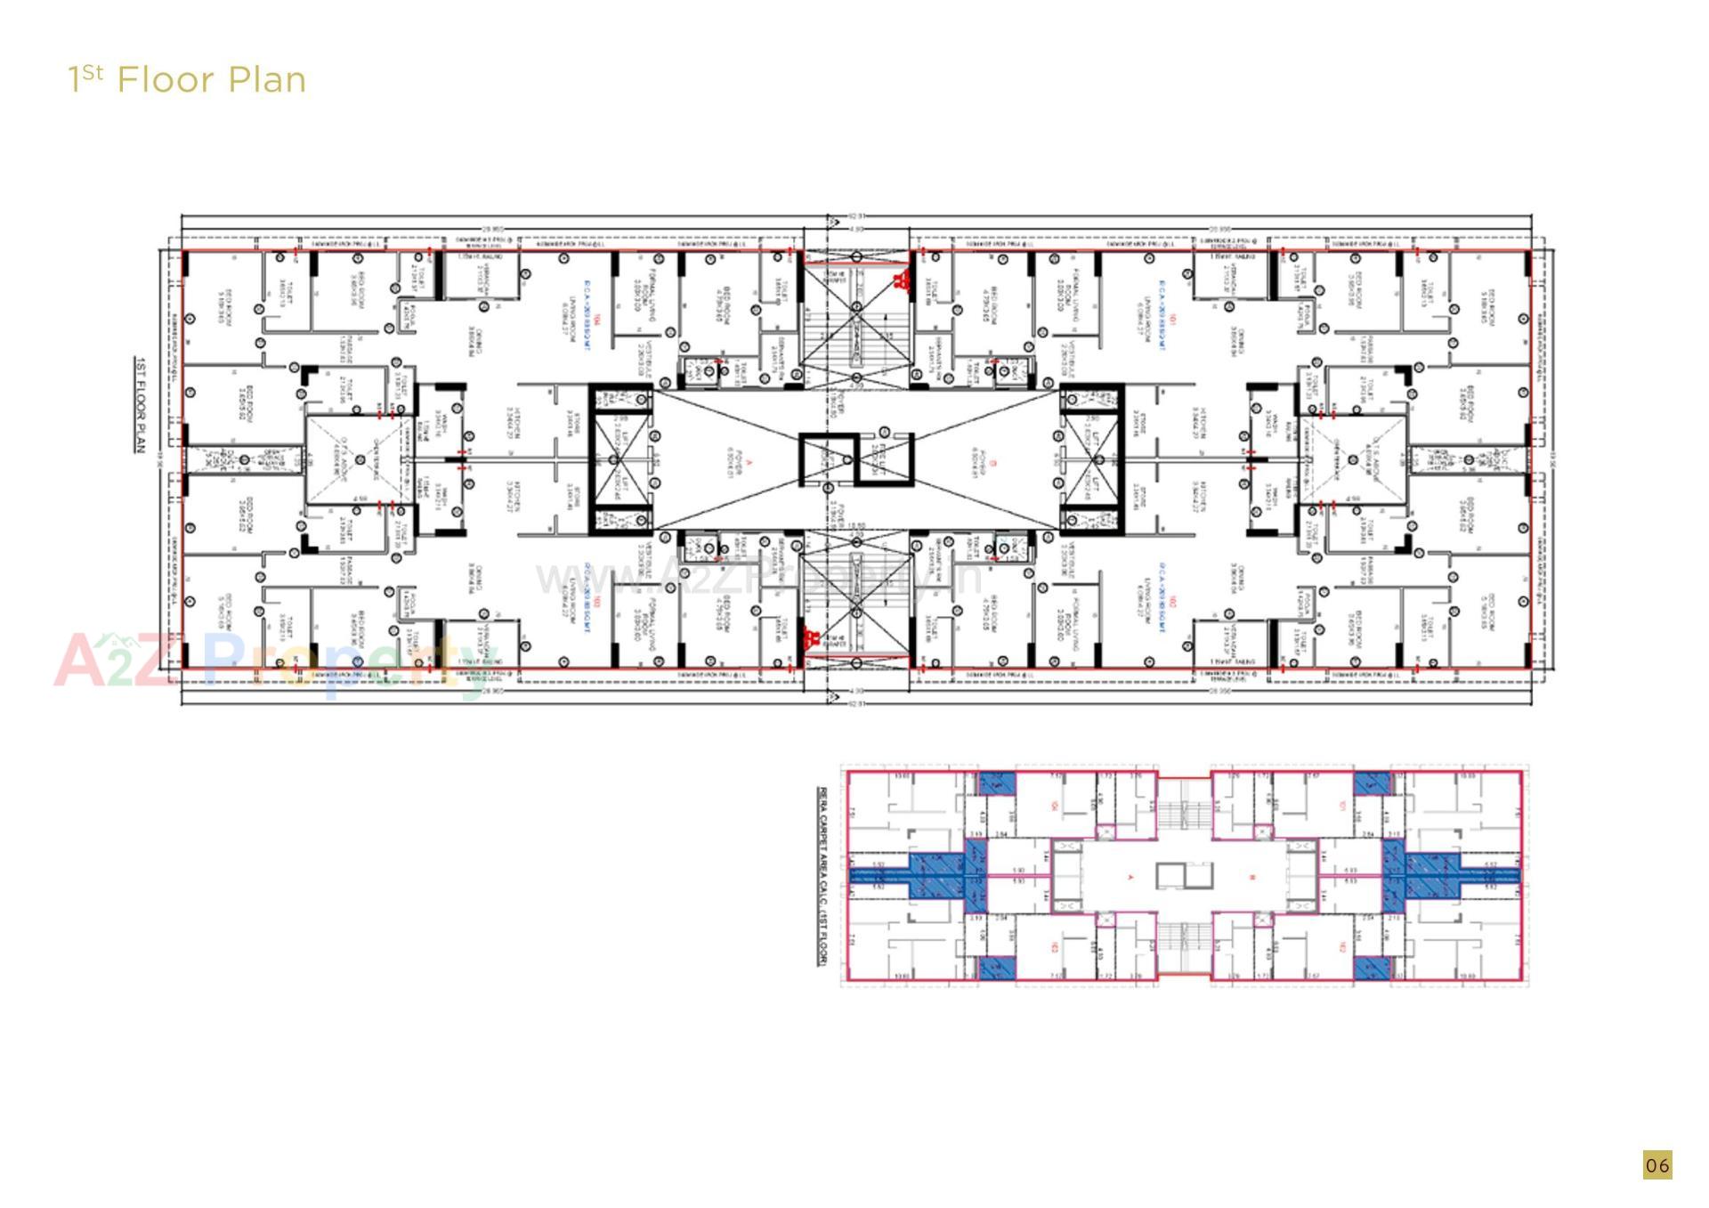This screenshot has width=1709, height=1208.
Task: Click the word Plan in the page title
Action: [x=267, y=80]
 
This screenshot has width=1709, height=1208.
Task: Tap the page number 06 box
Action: [x=1656, y=1164]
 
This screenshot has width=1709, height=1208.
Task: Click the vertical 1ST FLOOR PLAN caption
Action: [x=140, y=404]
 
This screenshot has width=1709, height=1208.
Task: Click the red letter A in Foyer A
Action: [x=749, y=462]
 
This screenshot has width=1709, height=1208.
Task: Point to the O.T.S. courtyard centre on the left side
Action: [x=360, y=460]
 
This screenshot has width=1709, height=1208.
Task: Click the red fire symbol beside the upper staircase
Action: [x=901, y=281]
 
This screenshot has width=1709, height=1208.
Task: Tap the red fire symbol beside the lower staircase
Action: [x=811, y=637]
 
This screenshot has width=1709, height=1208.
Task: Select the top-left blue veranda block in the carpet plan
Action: [x=997, y=784]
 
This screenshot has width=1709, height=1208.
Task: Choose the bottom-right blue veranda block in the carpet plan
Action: [x=1372, y=969]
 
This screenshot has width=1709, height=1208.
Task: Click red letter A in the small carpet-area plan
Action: [x=1131, y=878]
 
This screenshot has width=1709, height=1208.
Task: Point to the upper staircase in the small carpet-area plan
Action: [x=1184, y=810]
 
